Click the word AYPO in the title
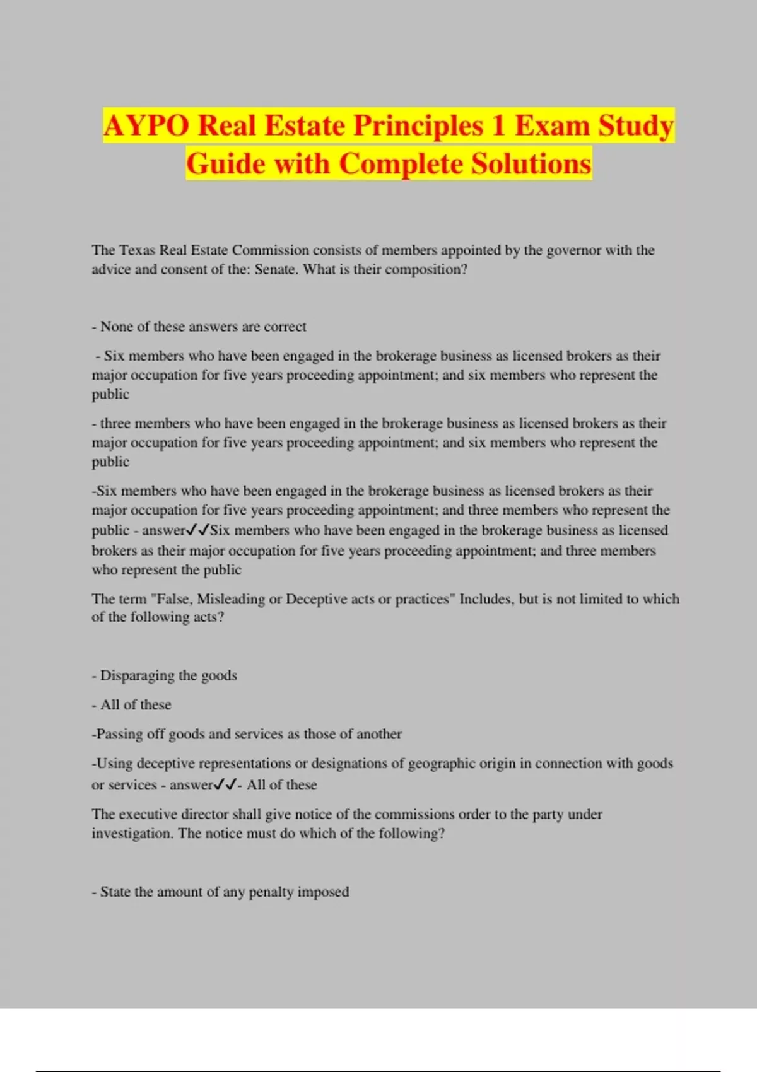pos(146,125)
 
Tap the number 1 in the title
pos(498,125)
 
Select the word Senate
pos(276,269)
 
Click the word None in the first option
pos(115,327)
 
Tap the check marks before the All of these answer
pos(225,785)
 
